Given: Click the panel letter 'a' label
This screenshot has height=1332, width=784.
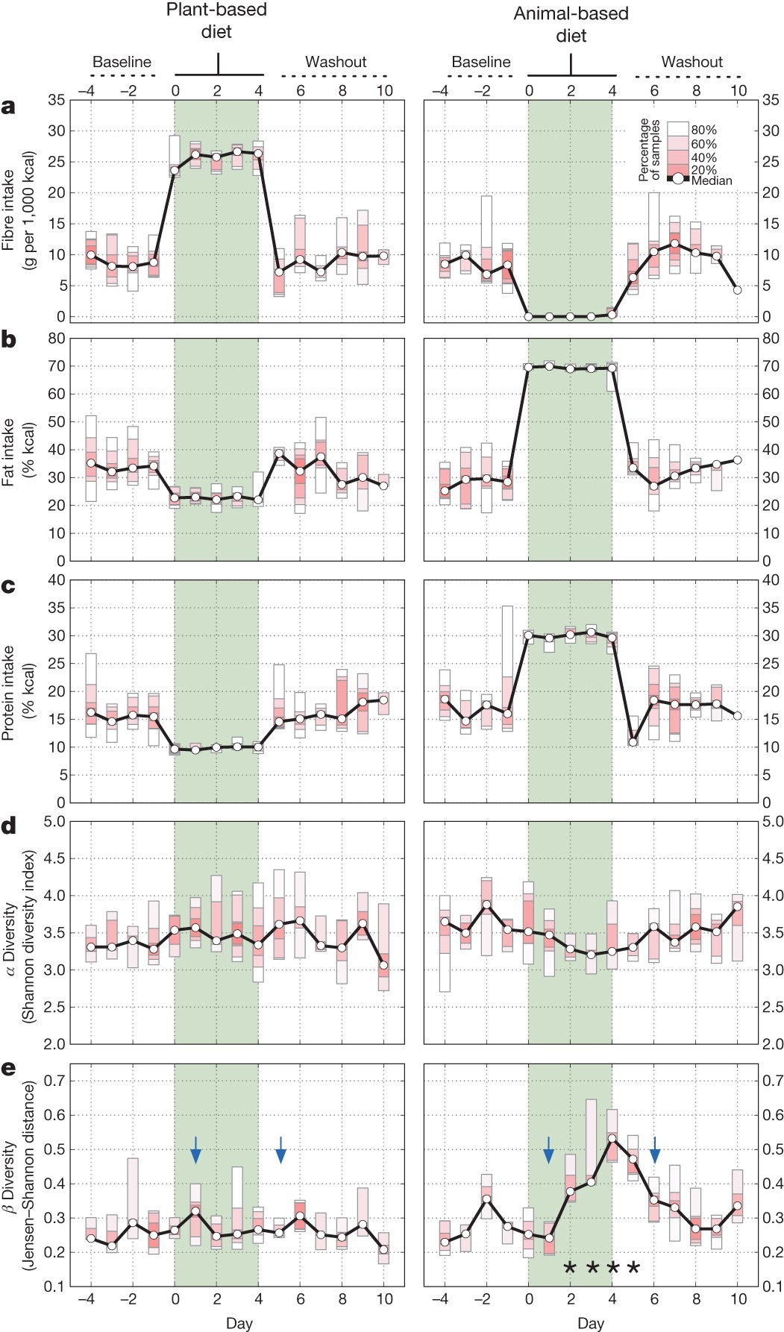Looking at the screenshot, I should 8,107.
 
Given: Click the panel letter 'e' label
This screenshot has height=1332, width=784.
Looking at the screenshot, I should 8,1069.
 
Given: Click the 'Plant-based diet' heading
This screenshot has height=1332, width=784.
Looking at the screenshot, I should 216,21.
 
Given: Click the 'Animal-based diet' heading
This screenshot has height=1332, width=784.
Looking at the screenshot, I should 571,24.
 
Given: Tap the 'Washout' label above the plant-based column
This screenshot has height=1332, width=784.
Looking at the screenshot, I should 336,62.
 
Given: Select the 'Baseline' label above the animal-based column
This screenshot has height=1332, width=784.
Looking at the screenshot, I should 481,62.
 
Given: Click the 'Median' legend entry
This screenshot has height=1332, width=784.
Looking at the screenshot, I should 711,180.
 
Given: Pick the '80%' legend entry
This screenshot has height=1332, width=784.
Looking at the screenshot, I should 703,130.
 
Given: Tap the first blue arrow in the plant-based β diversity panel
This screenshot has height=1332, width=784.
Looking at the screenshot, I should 195,1150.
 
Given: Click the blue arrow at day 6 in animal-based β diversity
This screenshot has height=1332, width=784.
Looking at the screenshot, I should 655,1150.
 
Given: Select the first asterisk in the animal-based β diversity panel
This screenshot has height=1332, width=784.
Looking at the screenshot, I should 570,1267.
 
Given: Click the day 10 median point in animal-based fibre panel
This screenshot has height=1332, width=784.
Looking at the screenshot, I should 738,289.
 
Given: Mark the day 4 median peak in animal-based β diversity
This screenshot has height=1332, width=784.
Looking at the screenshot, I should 612,1139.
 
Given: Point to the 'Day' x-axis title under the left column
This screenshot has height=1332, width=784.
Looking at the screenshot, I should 239,1323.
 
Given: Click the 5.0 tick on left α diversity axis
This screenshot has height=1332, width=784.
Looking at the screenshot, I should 54,821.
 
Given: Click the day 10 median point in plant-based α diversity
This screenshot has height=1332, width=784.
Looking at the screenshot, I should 384,965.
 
